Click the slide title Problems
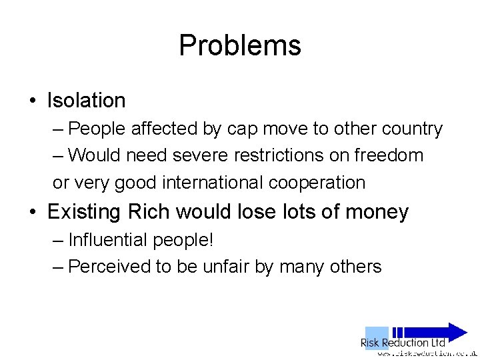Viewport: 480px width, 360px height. [x=240, y=45]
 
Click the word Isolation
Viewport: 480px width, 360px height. [x=86, y=101]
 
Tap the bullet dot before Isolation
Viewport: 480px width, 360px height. [x=32, y=101]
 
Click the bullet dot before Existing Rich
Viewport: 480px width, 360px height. [x=32, y=212]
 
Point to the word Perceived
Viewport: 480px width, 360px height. [x=109, y=267]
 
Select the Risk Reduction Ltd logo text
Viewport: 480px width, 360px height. [x=403, y=343]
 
